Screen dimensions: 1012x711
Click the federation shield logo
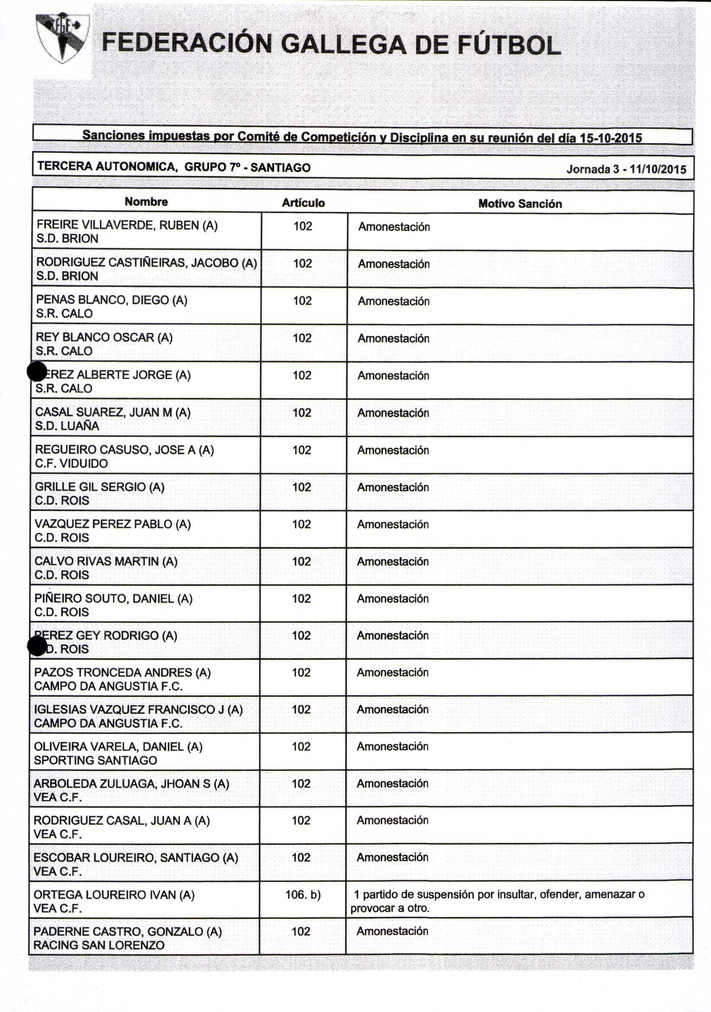63,38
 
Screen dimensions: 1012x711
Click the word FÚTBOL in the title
509,45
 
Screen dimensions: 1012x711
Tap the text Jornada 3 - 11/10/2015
626,169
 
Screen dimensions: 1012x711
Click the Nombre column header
146,202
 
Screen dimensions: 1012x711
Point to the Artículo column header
303,203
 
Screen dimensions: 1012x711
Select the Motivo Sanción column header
520,203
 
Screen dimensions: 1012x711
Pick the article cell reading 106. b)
303,894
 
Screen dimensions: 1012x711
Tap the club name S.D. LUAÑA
67,426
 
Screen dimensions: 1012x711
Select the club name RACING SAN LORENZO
99,945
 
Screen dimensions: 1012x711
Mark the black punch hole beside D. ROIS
37,646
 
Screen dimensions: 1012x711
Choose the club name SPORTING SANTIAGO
95,761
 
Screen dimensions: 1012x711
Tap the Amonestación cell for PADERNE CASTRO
392,931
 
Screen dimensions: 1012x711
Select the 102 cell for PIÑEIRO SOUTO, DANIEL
301,599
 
